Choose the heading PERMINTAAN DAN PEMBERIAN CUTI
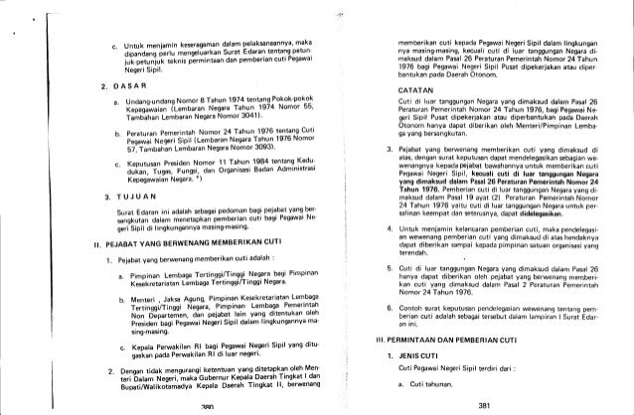coord(433,340)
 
